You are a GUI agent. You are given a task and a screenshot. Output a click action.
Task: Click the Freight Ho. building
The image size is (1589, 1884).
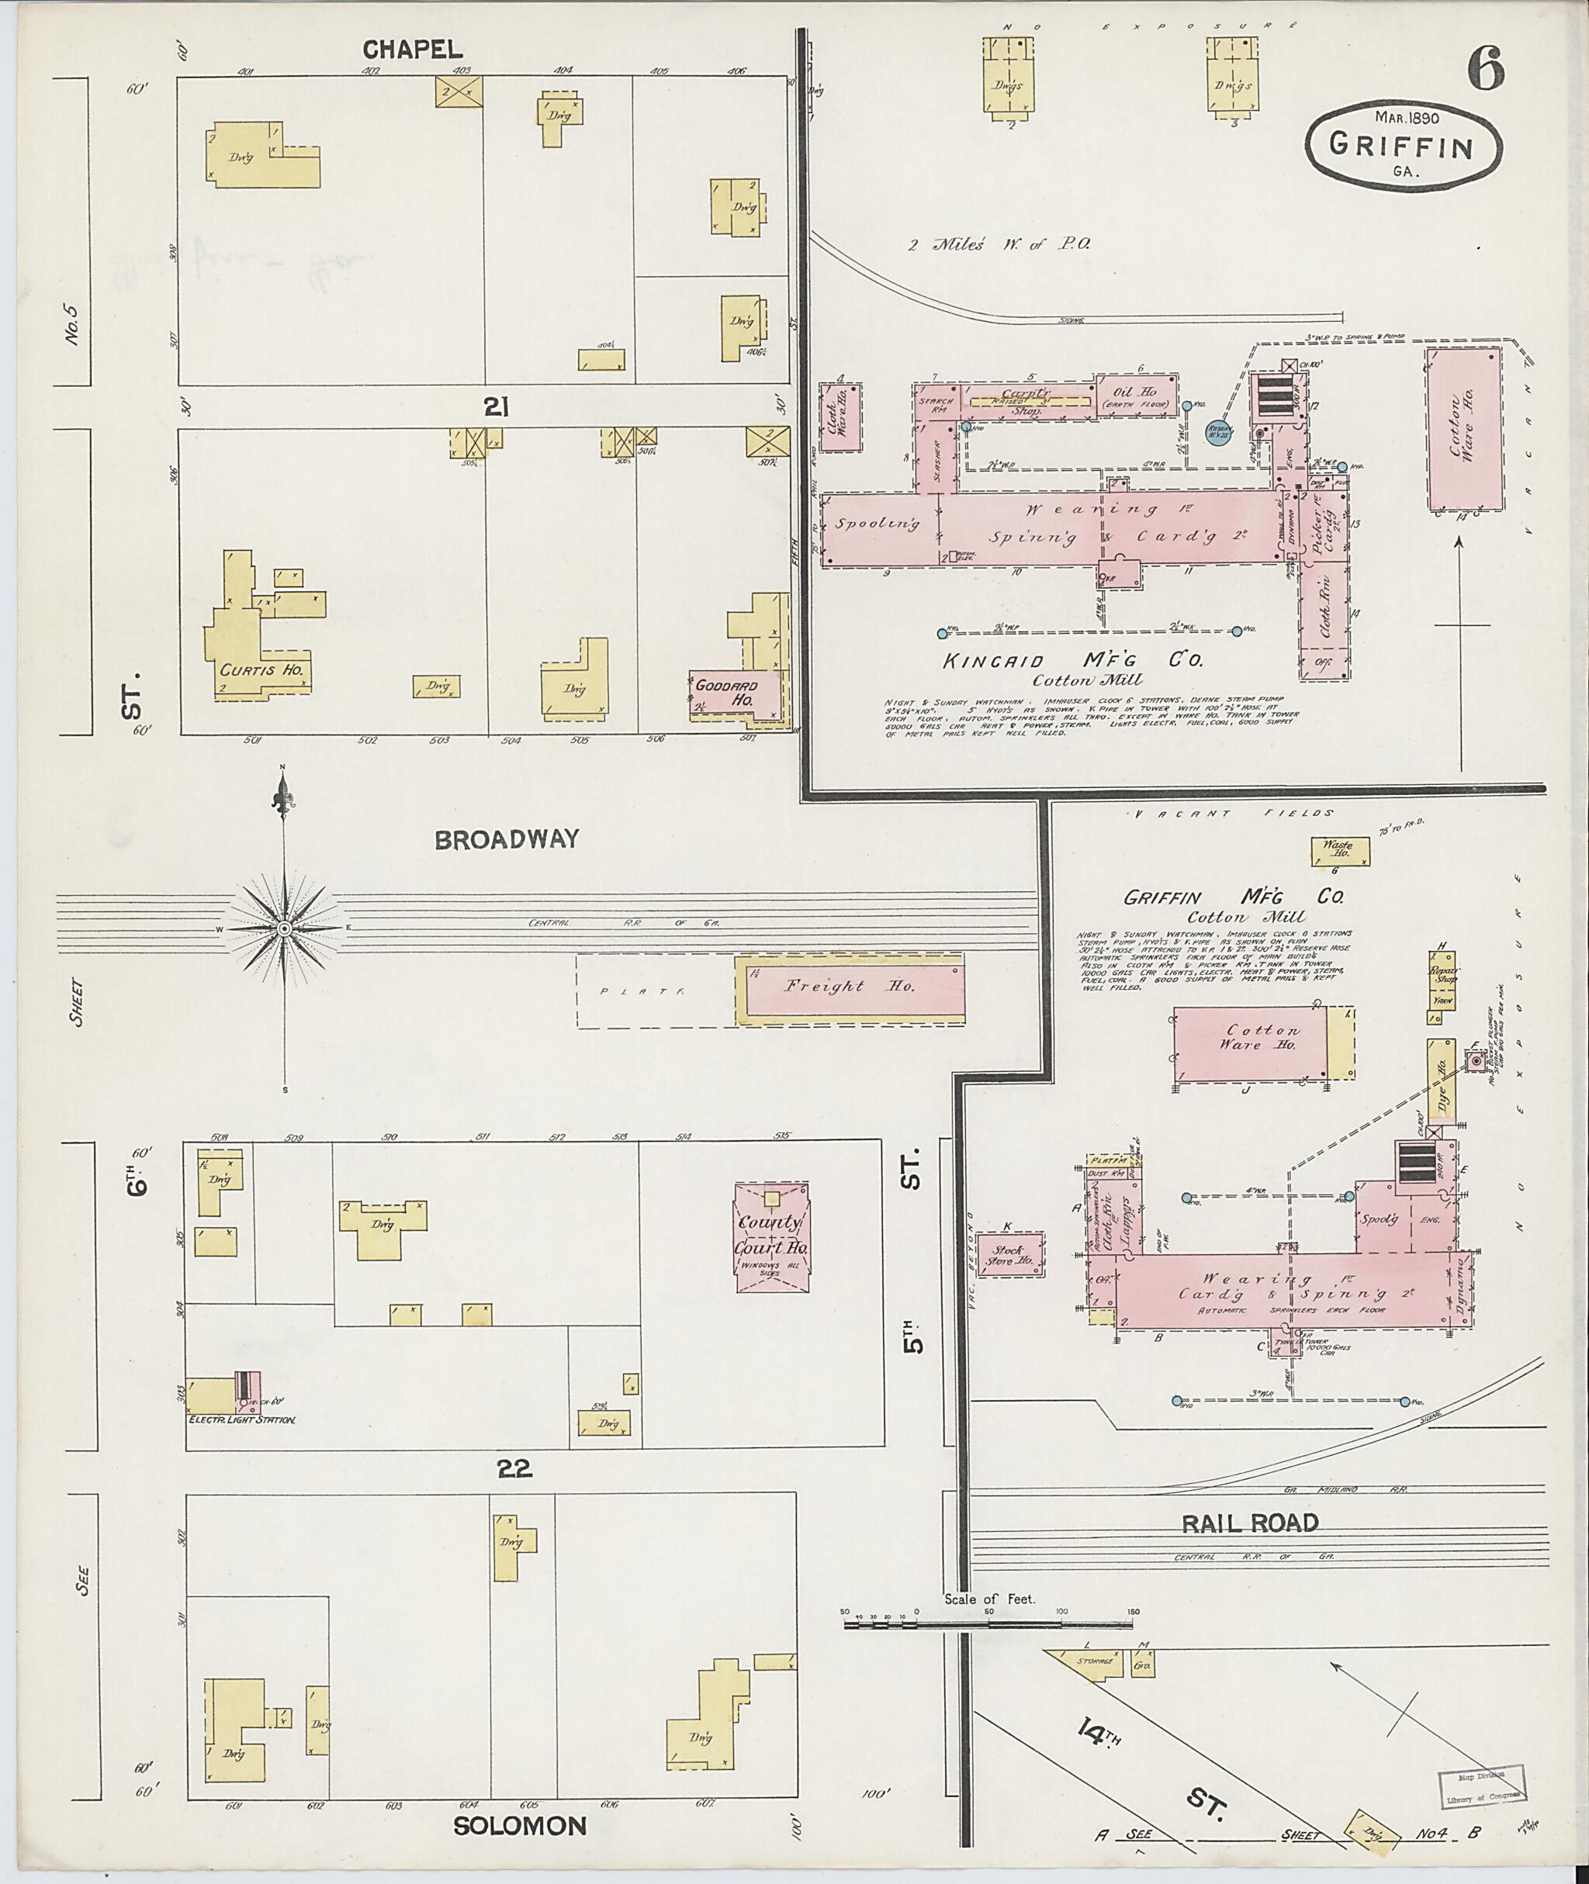pyautogui.click(x=850, y=986)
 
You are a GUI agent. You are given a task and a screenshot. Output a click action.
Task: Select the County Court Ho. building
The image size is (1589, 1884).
pyautogui.click(x=772, y=1237)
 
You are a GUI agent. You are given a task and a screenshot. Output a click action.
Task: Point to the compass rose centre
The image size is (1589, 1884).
pyautogui.click(x=285, y=928)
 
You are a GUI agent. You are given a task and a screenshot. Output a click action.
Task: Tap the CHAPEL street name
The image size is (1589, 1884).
pyautogui.click(x=414, y=50)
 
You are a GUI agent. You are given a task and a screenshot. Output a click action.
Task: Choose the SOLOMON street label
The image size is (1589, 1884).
pyautogui.click(x=520, y=1827)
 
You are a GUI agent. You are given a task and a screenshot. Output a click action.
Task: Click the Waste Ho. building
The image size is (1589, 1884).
pyautogui.click(x=1339, y=850)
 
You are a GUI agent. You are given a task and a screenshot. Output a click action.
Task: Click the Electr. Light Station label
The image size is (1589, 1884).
pyautogui.click(x=242, y=1420)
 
